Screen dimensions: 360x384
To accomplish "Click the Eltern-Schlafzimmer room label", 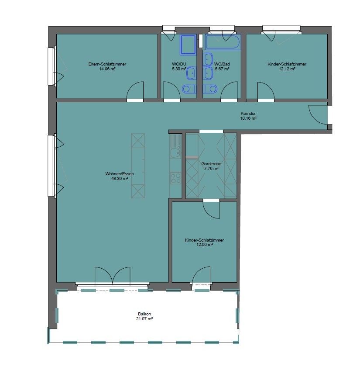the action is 107,64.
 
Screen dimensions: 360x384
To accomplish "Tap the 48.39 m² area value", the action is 120,179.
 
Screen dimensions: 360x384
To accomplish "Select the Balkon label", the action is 144,314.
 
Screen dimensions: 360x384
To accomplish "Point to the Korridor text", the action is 248,114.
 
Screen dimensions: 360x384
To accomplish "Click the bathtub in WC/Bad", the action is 223,42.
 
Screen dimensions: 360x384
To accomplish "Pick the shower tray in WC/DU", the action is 188,44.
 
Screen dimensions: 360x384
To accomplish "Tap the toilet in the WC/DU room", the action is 189,89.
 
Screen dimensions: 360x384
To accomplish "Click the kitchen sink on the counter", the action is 175,152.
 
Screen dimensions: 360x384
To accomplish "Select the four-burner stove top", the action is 175,178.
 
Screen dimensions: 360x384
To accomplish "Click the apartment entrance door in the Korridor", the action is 318,114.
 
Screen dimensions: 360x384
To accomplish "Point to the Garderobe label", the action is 211,164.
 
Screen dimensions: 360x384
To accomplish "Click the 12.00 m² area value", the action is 205,245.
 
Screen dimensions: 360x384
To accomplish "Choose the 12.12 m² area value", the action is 287,69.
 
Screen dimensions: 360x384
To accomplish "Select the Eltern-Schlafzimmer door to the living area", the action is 135,91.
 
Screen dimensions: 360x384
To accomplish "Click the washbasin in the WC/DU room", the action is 192,73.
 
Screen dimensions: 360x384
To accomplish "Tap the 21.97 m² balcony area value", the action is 144,319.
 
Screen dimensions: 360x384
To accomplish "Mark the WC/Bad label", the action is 222,64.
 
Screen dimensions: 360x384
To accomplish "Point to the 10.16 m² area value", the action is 248,118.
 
